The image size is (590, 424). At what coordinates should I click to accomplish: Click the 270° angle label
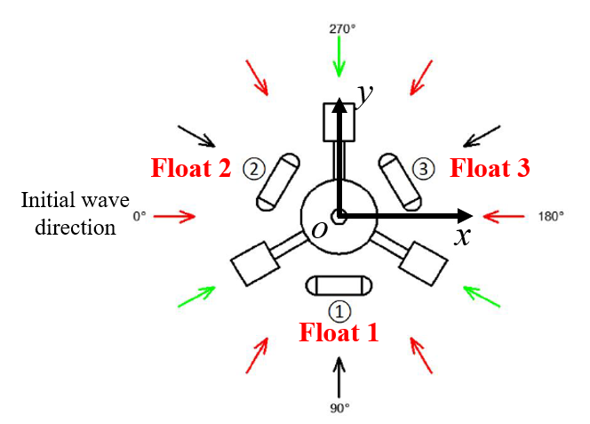point(342,29)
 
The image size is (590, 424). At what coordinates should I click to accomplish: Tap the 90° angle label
point(339,408)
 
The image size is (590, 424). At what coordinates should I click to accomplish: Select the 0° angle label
point(140,216)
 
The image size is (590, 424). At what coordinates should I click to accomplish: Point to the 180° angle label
point(551,217)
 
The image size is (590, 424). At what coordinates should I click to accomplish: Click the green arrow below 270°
point(339,57)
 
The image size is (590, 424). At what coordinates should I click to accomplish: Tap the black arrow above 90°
point(339,377)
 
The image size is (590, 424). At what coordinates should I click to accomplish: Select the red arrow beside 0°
point(174,216)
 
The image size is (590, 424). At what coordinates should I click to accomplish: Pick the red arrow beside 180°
point(504,217)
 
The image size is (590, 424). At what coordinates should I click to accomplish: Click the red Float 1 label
point(339,332)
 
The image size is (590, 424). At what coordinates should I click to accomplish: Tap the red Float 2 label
point(191,168)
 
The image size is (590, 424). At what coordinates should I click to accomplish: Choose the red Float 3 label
point(490,168)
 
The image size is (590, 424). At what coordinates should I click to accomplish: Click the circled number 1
point(339,311)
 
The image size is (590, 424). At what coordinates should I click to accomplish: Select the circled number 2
point(254,169)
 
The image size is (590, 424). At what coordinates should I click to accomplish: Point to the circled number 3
point(423,169)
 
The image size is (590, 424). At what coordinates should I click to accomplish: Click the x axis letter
point(462,236)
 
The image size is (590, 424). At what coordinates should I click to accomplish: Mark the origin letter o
point(320,230)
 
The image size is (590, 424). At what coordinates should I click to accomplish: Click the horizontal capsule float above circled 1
point(339,286)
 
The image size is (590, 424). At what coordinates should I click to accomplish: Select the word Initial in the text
point(49,200)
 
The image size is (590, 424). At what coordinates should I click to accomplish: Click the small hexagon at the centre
point(339,217)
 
